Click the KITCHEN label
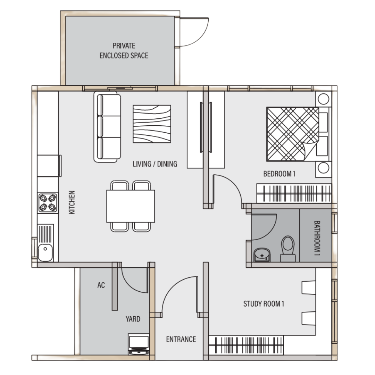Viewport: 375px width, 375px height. pos(72,202)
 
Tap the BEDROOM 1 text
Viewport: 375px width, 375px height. pos(279,174)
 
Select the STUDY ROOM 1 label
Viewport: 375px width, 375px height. pos(264,304)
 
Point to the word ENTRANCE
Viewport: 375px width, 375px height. pos(181,339)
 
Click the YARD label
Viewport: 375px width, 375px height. pos(133,319)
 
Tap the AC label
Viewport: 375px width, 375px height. pos(101,285)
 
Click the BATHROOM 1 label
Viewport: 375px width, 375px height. pos(317,238)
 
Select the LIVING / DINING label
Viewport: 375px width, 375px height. pos(155,164)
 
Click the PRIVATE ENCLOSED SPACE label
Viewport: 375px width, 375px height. pos(124,50)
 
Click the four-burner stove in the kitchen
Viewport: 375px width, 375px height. pos(48,202)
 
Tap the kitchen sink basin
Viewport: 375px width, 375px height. pos(45,252)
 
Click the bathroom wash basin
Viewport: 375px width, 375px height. pos(262,255)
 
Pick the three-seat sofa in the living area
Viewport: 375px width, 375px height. pos(107,127)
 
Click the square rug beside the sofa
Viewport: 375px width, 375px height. pos(152,124)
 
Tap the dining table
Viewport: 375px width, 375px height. pos(131,206)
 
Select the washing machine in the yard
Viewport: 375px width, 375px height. pos(139,344)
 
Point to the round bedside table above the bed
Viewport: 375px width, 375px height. pos(324,99)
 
